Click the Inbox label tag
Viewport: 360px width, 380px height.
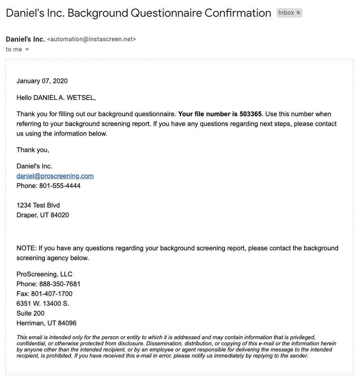286,13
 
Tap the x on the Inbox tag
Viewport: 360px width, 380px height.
298,13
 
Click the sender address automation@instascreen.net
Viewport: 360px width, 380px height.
91,39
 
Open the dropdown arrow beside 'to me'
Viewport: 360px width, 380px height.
27,50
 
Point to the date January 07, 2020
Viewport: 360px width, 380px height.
42,81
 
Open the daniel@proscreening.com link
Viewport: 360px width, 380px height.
55,176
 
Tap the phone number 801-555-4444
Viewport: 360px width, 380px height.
60,186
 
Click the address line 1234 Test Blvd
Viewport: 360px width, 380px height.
38,205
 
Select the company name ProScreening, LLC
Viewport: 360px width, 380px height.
44,274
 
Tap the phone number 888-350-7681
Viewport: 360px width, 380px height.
60,284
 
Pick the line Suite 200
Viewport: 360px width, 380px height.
31,314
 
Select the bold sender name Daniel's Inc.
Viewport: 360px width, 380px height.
25,39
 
